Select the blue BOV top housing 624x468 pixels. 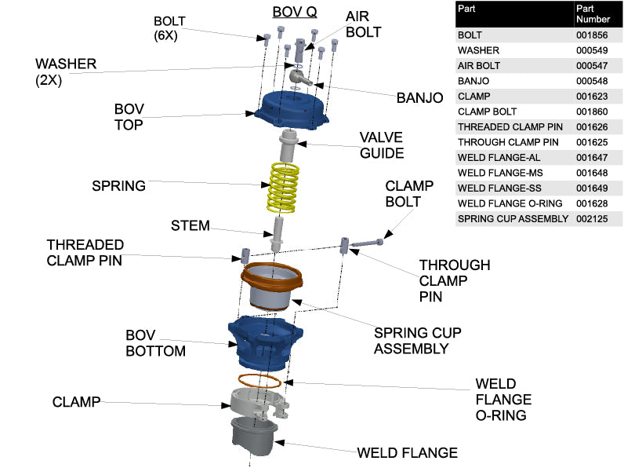click(x=291, y=112)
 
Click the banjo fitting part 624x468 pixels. click(x=299, y=77)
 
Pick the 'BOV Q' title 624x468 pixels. click(x=294, y=12)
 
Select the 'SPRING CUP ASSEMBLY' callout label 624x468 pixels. click(x=417, y=340)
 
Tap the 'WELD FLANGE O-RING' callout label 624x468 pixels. click(x=501, y=400)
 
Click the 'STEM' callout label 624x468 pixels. click(x=190, y=226)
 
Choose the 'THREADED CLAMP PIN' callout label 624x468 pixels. click(x=85, y=253)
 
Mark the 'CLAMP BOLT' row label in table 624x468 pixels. click(x=488, y=112)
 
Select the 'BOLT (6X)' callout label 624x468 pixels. click(x=170, y=27)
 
